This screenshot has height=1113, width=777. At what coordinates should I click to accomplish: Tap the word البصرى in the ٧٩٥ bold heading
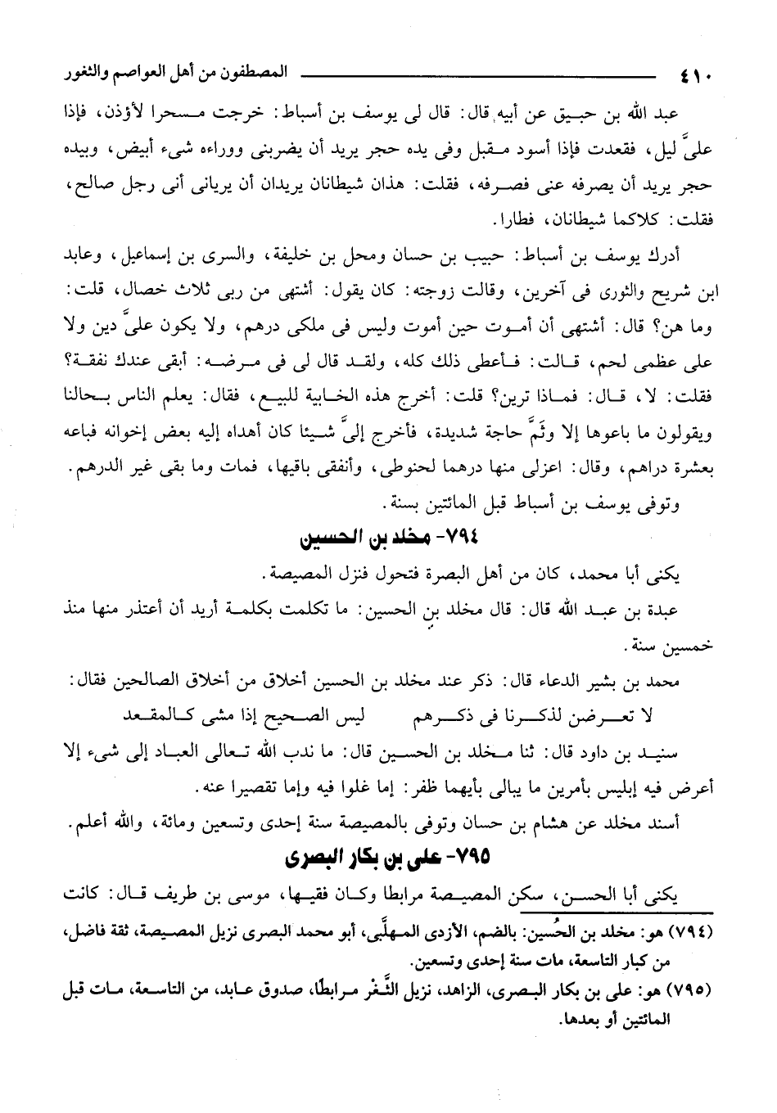tap(314, 858)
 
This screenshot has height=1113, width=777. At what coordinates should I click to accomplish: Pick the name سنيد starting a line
tap(683, 752)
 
